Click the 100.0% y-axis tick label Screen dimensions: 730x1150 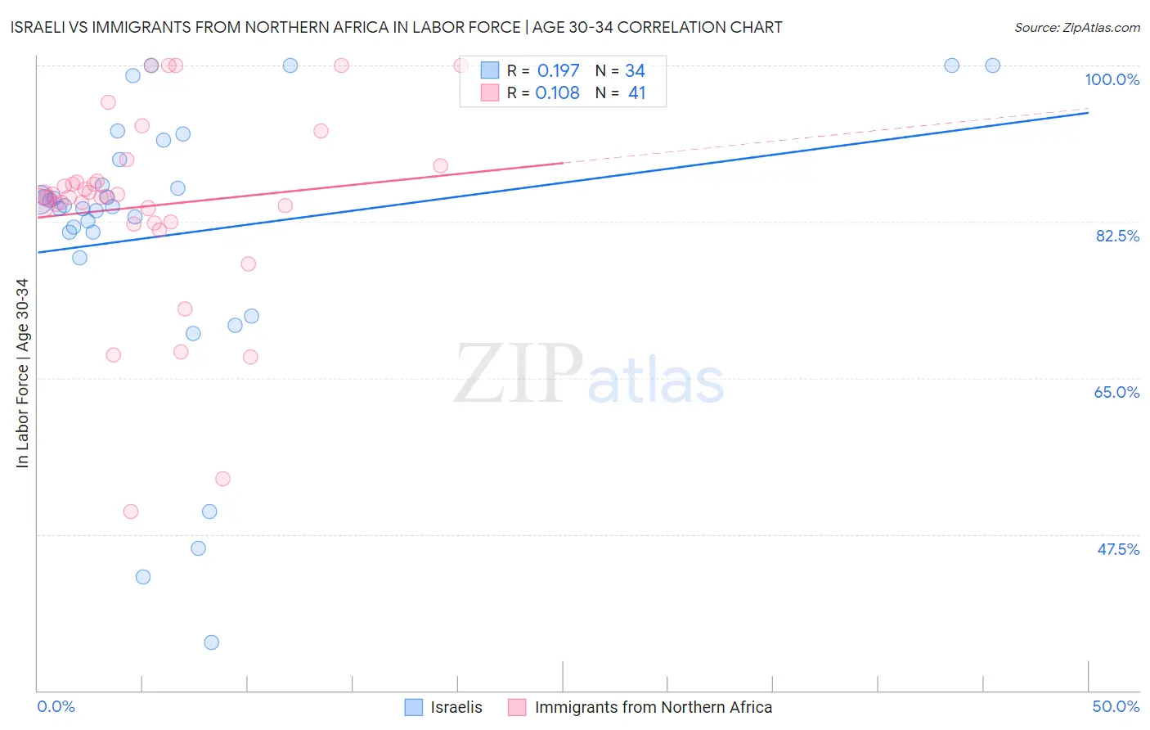coord(1112,79)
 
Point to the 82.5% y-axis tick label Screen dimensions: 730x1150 coord(1117,236)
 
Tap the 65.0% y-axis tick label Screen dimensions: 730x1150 coord(1116,392)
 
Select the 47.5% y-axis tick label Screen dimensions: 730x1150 coord(1118,549)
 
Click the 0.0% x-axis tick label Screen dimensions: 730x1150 coord(56,706)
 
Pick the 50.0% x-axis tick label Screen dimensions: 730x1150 coord(1116,706)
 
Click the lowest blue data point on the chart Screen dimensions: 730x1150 coord(211,642)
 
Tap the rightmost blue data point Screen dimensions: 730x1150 coord(992,65)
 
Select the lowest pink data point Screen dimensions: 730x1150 coord(131,511)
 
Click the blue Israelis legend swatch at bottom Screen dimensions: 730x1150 coord(414,707)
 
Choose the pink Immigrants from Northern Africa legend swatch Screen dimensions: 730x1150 coord(517,707)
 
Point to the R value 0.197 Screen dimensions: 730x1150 coord(558,71)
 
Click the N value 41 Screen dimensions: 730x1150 coord(636,93)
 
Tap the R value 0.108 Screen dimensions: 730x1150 coord(557,93)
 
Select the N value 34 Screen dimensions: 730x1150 coord(635,71)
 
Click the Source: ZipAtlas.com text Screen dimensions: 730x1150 coord(1076,27)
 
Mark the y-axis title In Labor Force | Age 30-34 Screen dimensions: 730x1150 coord(22,373)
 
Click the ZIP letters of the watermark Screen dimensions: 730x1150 coord(518,375)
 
